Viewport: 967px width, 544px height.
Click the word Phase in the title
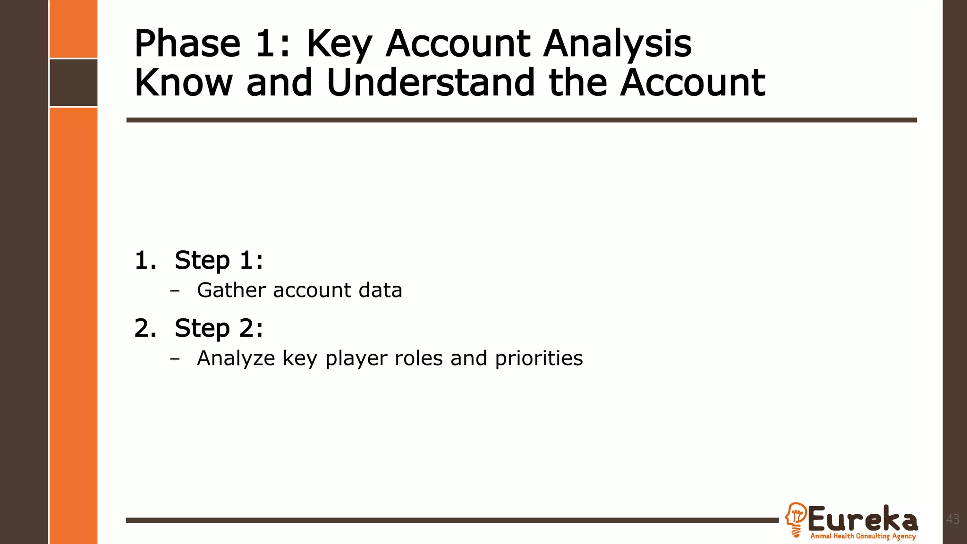pos(187,43)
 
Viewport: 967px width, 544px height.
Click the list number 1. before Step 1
pos(145,260)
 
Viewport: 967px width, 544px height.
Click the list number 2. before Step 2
pos(145,328)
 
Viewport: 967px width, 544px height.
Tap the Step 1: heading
pos(219,260)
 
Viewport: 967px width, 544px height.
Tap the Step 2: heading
pos(219,328)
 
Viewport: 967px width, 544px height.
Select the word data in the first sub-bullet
pos(380,290)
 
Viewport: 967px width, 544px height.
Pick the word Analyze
pos(236,358)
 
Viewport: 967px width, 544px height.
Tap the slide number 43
pos(953,519)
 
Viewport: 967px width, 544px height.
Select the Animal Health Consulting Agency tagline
pos(863,536)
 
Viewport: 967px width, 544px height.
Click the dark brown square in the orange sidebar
pos(74,83)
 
